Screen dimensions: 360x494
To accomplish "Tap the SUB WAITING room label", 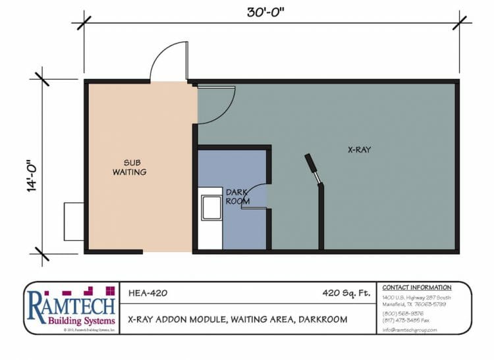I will point(134,167).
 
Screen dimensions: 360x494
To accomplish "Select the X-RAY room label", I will point(359,150).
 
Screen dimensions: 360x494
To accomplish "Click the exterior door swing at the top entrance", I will point(170,62).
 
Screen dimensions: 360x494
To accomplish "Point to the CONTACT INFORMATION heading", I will point(417,288).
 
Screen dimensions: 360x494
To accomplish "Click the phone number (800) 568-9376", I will point(400,314).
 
